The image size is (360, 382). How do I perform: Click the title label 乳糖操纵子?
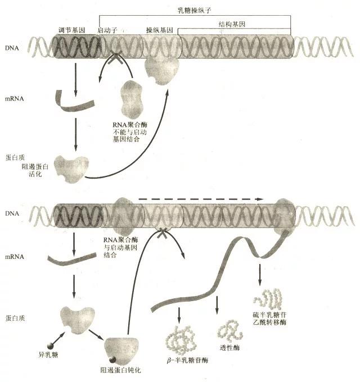(195, 10)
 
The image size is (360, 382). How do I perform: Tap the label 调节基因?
(71, 30)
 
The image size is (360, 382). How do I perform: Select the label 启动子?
(107, 30)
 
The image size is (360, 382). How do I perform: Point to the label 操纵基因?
(160, 30)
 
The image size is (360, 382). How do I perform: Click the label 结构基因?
(232, 24)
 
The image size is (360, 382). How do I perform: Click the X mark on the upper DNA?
(115, 57)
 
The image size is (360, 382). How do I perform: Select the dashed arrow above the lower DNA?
(200, 199)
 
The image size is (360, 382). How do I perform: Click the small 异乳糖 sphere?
(50, 346)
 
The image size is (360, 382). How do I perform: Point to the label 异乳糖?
(48, 354)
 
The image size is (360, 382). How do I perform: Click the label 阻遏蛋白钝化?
(121, 370)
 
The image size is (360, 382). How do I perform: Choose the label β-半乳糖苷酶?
(187, 360)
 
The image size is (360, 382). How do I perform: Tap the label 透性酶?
(229, 348)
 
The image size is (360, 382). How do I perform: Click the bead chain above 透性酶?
(230, 331)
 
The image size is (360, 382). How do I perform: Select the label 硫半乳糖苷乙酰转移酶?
(269, 319)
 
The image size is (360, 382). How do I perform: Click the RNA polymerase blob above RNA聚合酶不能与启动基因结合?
(131, 99)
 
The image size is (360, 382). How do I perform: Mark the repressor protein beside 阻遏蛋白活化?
(71, 169)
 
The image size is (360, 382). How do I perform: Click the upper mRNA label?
(15, 99)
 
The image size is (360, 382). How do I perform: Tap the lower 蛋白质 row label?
(15, 318)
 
